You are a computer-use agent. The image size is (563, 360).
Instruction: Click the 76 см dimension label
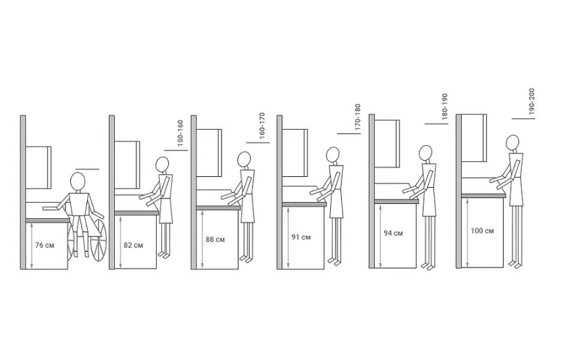[45, 245]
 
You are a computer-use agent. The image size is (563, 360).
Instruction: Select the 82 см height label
[133, 245]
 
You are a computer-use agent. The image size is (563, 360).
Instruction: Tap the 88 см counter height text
[215, 239]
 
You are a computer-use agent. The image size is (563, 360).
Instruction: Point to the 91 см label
[301, 237]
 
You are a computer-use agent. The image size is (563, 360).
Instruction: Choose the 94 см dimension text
[393, 233]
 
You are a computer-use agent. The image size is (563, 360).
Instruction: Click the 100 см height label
[482, 231]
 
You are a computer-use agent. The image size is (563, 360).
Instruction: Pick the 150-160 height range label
[180, 133]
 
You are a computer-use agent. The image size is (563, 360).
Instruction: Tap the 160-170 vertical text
[262, 126]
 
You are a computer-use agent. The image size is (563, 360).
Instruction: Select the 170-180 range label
[357, 117]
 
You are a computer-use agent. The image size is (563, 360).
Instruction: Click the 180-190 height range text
[445, 107]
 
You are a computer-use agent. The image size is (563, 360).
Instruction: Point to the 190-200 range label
[532, 102]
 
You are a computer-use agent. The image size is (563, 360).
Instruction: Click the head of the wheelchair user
[78, 182]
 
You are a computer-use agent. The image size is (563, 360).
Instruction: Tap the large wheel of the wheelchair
[99, 240]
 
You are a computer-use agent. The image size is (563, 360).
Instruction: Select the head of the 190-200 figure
[512, 143]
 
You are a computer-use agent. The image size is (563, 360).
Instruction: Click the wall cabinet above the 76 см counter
[38, 168]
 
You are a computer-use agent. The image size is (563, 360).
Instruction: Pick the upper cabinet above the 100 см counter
[474, 138]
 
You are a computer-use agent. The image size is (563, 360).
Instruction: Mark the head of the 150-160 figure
[162, 165]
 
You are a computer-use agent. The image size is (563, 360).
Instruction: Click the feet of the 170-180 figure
[334, 261]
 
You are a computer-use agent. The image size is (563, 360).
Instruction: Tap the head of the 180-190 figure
[426, 153]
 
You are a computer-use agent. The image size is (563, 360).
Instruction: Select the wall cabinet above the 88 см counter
[209, 153]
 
